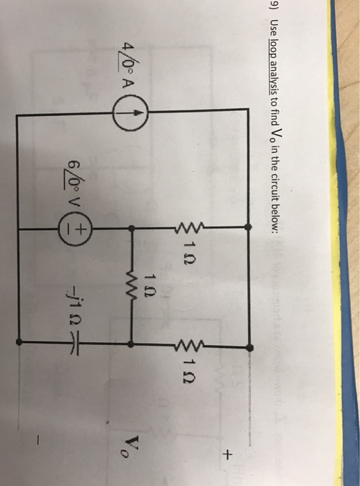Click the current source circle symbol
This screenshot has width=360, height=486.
click(131, 112)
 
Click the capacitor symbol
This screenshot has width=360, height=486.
click(72, 344)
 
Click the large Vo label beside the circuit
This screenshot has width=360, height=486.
click(348, 446)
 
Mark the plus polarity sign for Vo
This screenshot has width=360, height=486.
click(229, 454)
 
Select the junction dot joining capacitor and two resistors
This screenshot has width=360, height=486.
click(131, 344)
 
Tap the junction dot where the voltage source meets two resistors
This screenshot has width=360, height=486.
click(132, 229)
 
